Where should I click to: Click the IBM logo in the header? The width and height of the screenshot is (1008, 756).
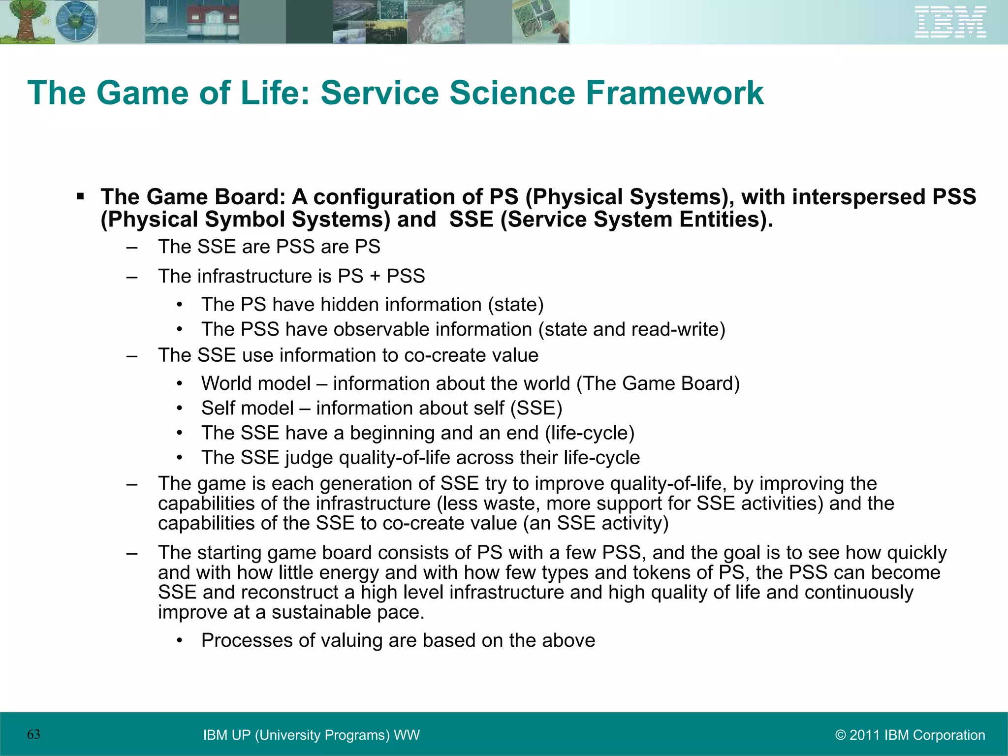pos(950,22)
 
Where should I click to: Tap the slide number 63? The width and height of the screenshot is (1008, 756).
pos(33,734)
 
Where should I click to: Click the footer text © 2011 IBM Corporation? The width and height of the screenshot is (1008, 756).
pos(910,735)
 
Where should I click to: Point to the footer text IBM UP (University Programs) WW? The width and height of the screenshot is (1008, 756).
pos(311,735)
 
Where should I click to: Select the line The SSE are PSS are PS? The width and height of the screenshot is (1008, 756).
pos(269,247)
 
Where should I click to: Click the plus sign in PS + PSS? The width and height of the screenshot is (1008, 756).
pos(375,276)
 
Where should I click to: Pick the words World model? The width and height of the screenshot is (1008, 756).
pos(255,383)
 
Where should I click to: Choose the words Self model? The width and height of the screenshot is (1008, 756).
pos(247,408)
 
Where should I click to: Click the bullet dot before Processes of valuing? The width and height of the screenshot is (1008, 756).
pos(180,641)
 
